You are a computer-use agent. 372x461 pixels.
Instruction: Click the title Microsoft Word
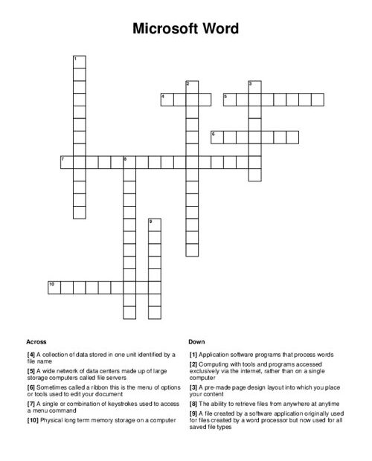point(186,30)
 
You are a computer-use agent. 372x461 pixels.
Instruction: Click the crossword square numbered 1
point(80,60)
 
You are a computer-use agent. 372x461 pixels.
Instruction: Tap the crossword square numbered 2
point(192,86)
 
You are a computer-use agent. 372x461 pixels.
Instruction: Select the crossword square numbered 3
point(254,86)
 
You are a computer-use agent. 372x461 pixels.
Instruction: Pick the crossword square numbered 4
point(167,98)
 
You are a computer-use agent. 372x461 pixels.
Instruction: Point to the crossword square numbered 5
point(229,98)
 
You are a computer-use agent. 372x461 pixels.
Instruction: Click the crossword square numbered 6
point(217,136)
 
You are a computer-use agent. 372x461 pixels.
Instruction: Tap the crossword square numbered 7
point(67,161)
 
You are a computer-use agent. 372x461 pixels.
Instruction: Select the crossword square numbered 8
point(129,161)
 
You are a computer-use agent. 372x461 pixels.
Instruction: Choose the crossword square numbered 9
point(155,224)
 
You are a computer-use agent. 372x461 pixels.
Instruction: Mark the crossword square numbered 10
point(54,286)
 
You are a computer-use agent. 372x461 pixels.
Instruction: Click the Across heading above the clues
point(36,341)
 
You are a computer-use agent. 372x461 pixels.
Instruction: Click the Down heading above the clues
point(196,341)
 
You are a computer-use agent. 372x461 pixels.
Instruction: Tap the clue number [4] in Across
point(31,355)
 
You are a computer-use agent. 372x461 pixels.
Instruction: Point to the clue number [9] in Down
point(193,413)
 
